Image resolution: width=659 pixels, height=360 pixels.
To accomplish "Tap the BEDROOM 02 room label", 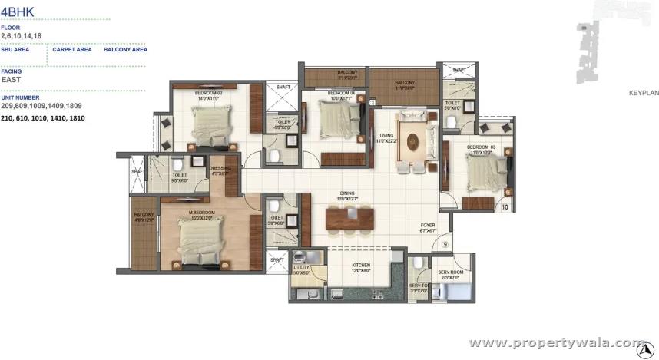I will pos(209,93).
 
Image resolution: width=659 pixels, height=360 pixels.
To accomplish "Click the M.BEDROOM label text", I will pos(202,212).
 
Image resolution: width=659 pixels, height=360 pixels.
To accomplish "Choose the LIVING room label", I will pos(385,137).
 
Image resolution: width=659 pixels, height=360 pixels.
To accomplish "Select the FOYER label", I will pos(428,226).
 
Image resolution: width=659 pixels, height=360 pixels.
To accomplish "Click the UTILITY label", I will pos(301,267).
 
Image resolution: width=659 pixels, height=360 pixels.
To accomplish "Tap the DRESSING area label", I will pos(220,169).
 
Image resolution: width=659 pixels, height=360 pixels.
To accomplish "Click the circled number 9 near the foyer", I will pos(445,246).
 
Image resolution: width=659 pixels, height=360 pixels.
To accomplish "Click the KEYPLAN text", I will pos(644,92).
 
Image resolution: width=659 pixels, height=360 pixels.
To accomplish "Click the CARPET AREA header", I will pos(73,49).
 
